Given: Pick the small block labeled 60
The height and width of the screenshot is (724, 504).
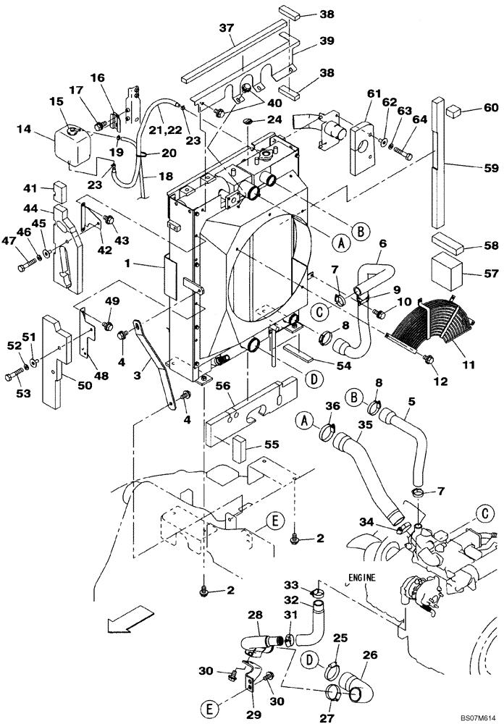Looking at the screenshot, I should click(x=455, y=111).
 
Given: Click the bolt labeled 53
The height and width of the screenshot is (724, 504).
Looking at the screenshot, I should click(x=20, y=376).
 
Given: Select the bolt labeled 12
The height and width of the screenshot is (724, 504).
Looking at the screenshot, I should click(x=427, y=358).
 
